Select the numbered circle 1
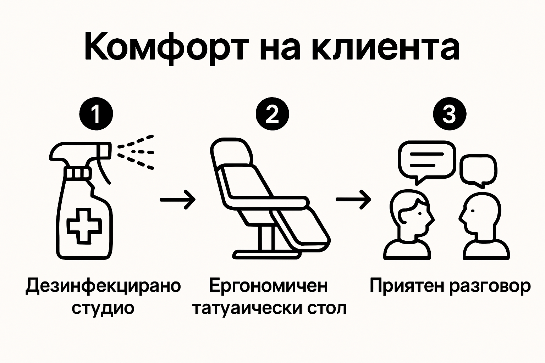pos(96,115)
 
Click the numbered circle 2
pos(272,115)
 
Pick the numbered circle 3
pos(449,115)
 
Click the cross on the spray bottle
pos(84,226)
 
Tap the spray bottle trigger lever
pos(103,170)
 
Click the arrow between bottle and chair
pos(177,200)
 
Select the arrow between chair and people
pos(353,200)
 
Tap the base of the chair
pos(266,253)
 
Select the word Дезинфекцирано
pos(103,286)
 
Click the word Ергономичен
pos(269,286)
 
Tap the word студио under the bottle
pos(103,308)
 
